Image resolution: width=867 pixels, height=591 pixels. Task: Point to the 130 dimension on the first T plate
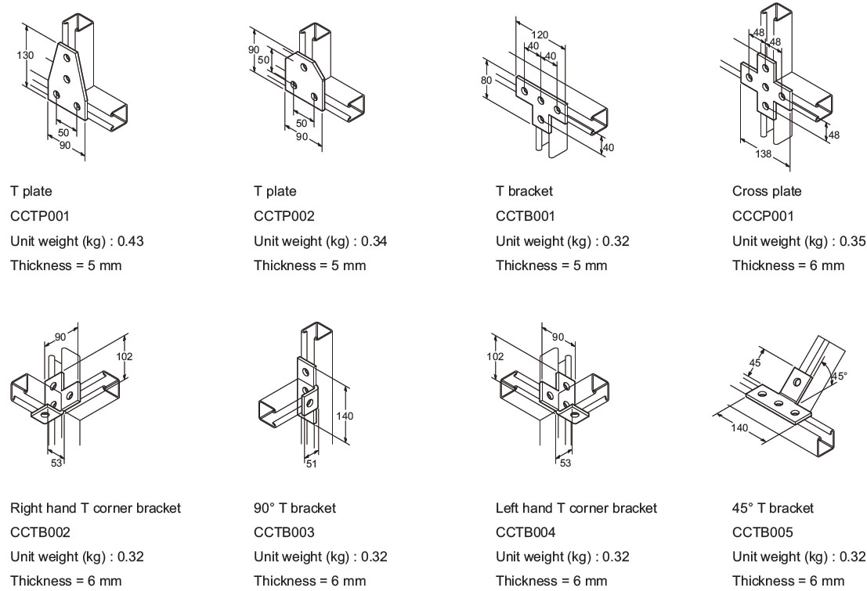(x=24, y=55)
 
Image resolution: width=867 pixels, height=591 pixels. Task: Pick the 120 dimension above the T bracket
(x=539, y=34)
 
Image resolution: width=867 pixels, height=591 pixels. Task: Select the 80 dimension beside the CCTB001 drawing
(x=486, y=80)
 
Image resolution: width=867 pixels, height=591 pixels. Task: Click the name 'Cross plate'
(x=767, y=191)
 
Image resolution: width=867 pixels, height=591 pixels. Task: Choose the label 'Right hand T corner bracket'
(x=96, y=508)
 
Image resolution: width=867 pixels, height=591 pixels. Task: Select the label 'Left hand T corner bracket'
(x=576, y=508)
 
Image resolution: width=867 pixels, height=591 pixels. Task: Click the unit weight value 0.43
(x=130, y=241)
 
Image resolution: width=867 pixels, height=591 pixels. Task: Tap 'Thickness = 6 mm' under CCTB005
(x=788, y=581)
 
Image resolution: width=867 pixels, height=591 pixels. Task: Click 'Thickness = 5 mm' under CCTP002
(x=309, y=265)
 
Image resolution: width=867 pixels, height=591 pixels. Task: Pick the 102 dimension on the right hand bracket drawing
(x=124, y=357)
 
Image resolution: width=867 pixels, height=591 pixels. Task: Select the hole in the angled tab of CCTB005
(x=797, y=381)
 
